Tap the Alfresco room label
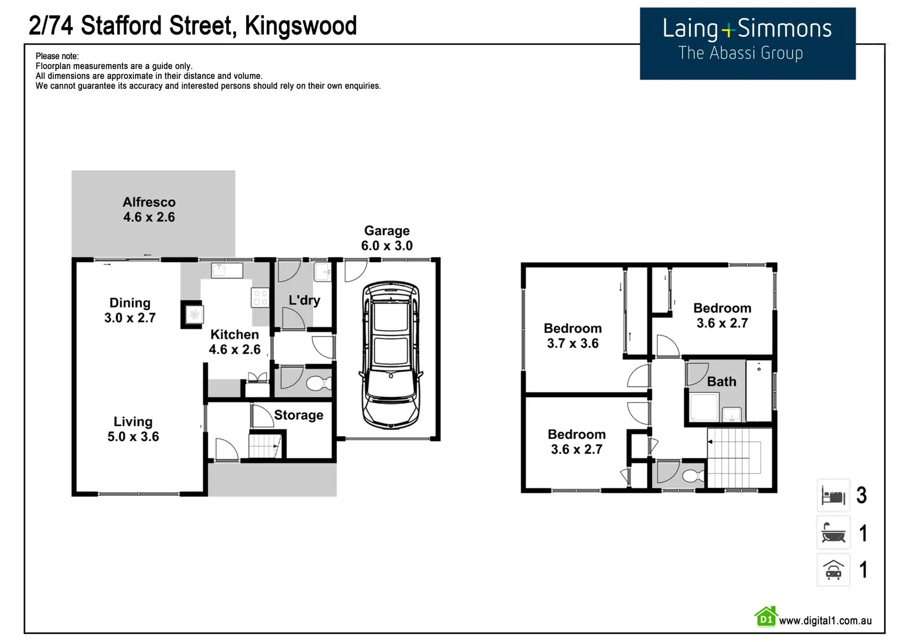point(149,202)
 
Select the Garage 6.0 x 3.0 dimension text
point(387,245)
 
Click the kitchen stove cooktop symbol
point(260,298)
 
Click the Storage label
point(299,415)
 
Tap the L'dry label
point(304,300)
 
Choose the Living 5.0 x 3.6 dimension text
point(133,437)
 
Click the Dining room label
point(130,303)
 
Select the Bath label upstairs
point(722,382)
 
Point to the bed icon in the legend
point(833,496)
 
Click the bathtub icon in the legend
point(833,533)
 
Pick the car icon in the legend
point(833,570)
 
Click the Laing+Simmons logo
point(747,43)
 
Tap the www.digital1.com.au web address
point(825,620)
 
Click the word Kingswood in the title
point(301,26)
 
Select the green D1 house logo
point(766,617)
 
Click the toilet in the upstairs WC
point(693,476)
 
